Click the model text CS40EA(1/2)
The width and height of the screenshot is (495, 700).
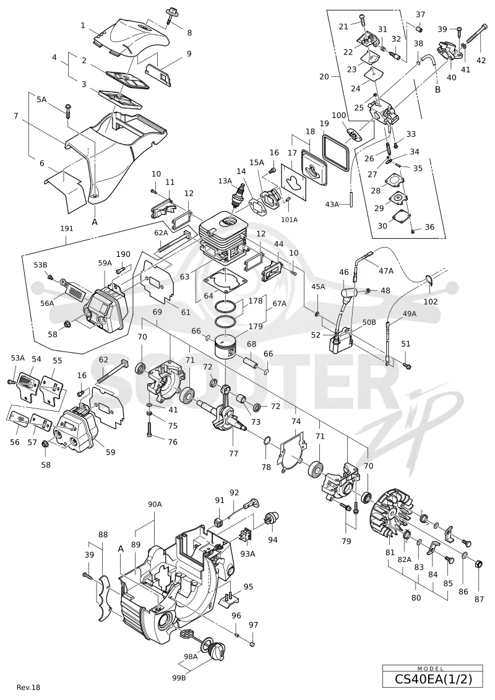tap(433, 679)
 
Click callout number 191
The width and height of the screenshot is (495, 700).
tap(66, 228)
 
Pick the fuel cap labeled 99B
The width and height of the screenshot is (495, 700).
tap(218, 650)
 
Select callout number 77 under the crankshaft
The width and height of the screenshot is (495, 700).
tap(233, 454)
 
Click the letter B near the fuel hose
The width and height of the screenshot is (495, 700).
tap(438, 89)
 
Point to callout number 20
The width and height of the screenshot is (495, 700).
tap(324, 76)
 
